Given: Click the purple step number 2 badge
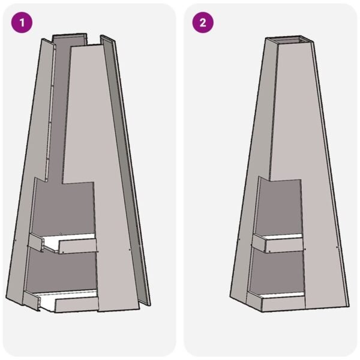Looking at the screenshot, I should [x=203, y=23].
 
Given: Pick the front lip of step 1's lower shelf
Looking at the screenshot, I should [x=75, y=304].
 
